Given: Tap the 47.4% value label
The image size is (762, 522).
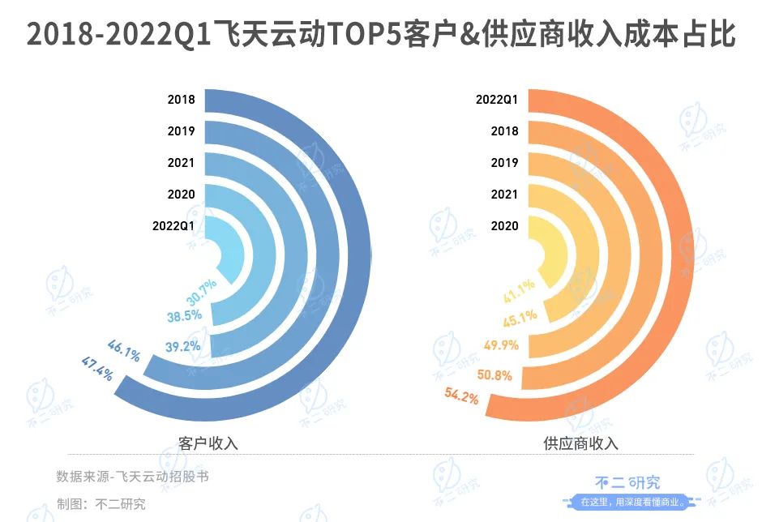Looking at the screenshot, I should (x=97, y=368).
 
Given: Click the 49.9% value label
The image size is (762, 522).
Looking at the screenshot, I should (x=500, y=346).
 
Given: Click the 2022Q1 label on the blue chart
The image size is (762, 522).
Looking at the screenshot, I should (x=173, y=226).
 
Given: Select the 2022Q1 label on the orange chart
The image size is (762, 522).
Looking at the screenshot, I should (x=497, y=100).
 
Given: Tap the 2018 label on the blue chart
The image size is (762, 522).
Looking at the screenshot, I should (x=181, y=100).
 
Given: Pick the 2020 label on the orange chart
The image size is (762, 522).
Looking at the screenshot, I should (x=504, y=226).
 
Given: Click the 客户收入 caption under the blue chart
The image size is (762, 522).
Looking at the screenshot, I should (x=208, y=443).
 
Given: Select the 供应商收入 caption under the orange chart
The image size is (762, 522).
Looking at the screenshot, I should (x=580, y=443).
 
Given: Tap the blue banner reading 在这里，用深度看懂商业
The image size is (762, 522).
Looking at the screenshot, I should (x=629, y=502).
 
